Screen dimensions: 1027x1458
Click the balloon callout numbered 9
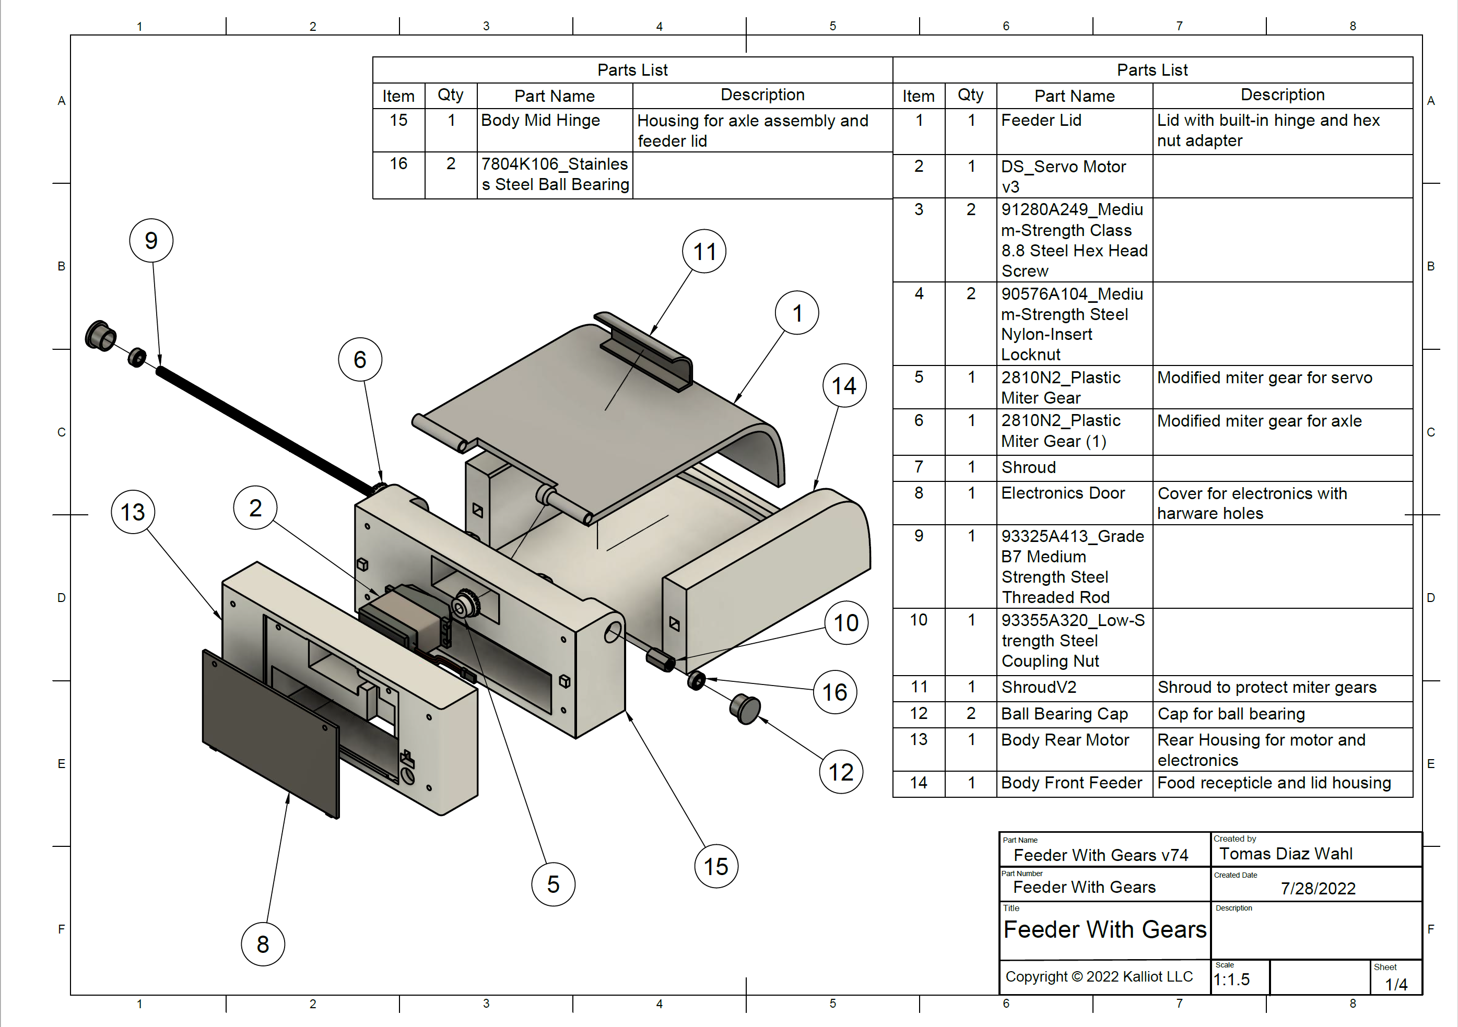click(x=151, y=241)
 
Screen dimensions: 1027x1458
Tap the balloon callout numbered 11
click(x=704, y=251)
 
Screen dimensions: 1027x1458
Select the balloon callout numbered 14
click(x=844, y=385)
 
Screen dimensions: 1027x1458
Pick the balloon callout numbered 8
click(x=263, y=944)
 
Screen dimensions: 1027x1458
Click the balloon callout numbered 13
click(x=133, y=512)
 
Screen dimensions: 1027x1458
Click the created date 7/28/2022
click(x=1318, y=888)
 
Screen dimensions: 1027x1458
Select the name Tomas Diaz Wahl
click(x=1285, y=854)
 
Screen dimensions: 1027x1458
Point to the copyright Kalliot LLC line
click(x=1099, y=976)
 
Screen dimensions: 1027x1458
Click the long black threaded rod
click(x=267, y=432)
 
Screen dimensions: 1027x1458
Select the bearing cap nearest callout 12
click(x=745, y=709)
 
